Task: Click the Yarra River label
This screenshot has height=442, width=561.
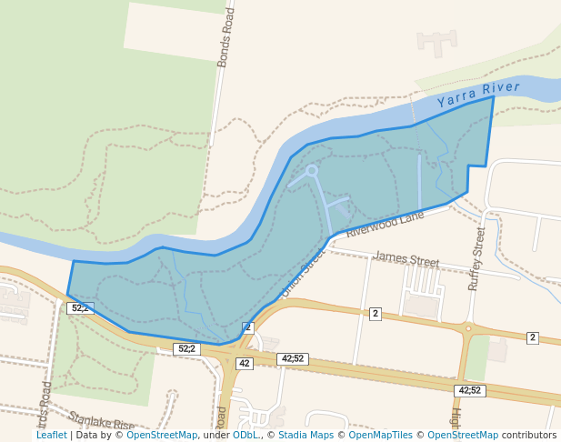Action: click(478, 94)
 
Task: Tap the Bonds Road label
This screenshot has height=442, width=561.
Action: click(225, 38)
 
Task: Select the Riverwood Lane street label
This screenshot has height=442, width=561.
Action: click(385, 224)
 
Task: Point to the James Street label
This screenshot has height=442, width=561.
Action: click(406, 260)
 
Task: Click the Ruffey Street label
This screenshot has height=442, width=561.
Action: click(476, 259)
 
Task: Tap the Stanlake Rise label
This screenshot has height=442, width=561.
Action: click(102, 422)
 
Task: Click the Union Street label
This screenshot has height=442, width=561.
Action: click(301, 276)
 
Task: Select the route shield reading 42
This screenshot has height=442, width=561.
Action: click(244, 363)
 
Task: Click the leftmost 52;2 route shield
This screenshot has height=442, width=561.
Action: click(80, 308)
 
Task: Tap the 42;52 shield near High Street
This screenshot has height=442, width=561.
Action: click(470, 390)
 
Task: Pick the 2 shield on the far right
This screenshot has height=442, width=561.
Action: click(533, 337)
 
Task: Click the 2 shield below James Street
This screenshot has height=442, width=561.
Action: click(375, 313)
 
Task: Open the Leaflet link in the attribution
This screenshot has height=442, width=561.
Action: click(51, 435)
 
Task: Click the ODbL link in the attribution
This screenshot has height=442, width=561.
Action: click(245, 435)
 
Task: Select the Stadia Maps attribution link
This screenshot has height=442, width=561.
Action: click(306, 435)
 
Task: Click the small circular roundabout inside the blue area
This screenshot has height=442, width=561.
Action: click(312, 170)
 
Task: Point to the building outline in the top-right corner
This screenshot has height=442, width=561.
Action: click(436, 42)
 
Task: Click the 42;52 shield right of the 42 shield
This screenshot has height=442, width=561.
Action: click(293, 359)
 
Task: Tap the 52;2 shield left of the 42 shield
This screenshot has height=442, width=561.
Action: click(185, 348)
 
